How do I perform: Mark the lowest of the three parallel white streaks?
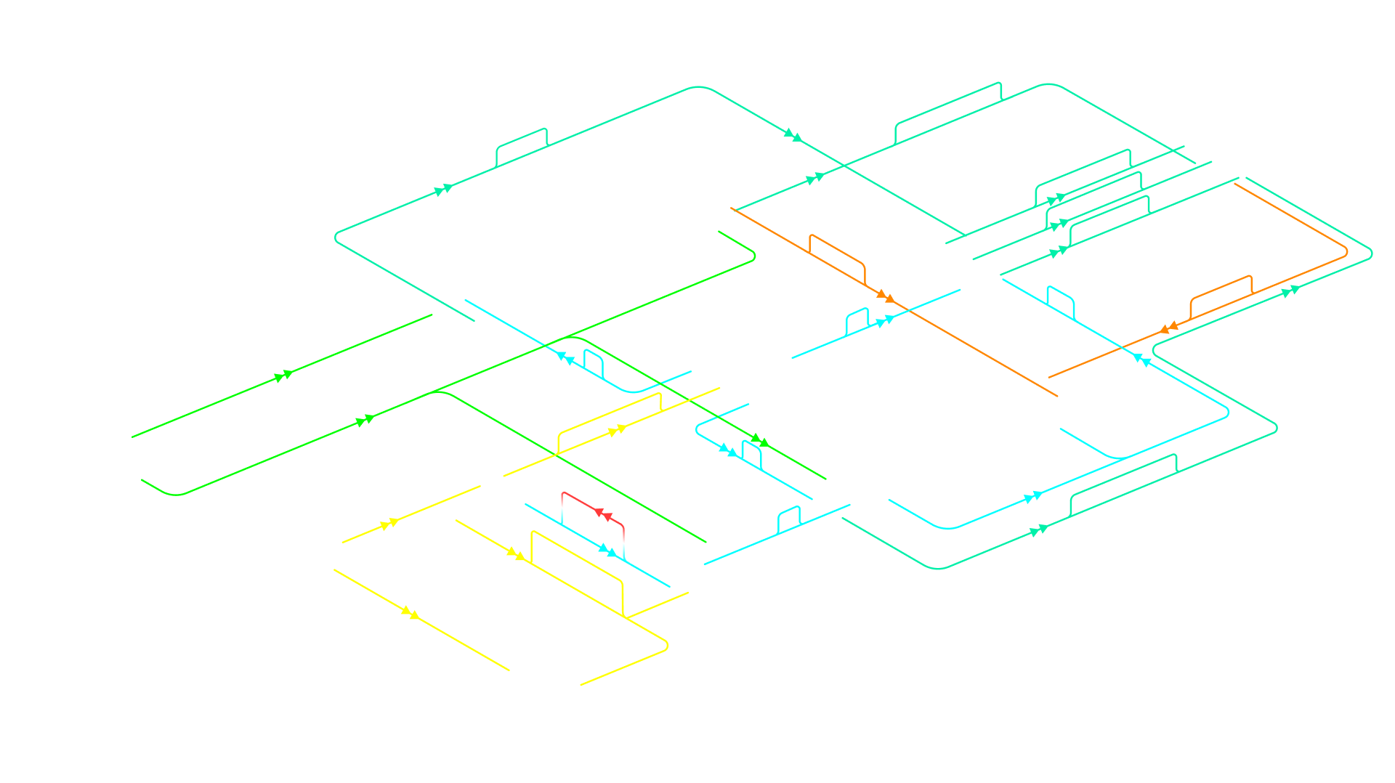[1109, 222]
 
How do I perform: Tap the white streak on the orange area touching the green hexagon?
[836, 258]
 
